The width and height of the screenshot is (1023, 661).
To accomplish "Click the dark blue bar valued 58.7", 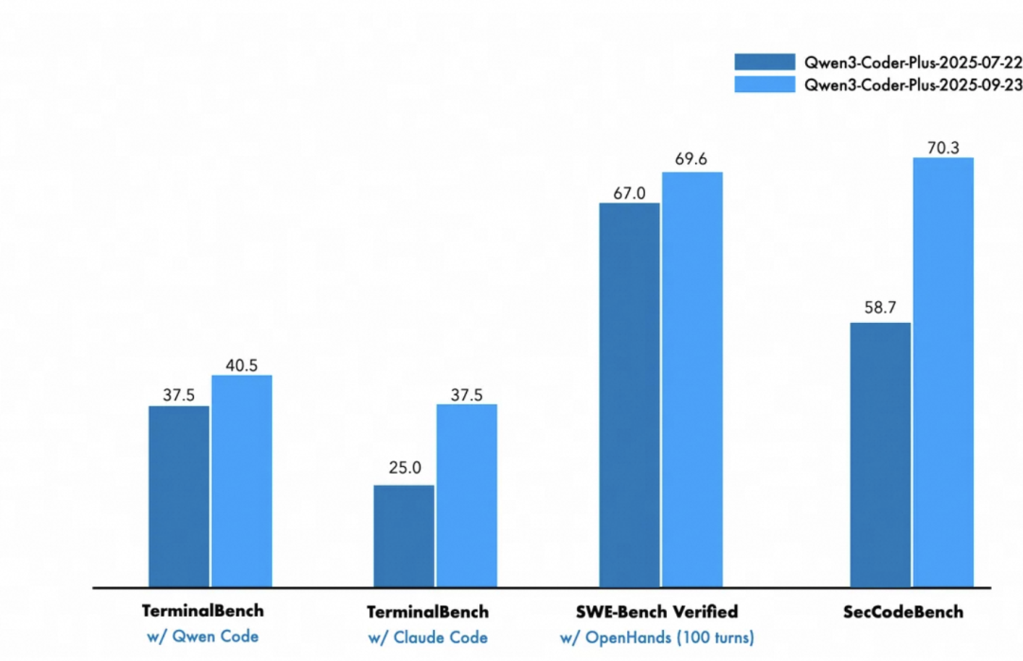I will click(880, 455).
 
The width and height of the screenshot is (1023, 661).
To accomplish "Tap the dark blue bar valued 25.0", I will click(404, 536).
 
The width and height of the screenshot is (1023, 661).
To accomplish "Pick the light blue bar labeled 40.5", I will click(242, 481).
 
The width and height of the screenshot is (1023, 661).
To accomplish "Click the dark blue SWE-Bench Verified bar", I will click(629, 395).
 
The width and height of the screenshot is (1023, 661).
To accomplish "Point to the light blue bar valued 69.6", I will click(692, 379).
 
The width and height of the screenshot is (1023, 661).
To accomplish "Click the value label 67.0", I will click(629, 193).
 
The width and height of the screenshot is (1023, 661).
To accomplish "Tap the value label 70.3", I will click(943, 147).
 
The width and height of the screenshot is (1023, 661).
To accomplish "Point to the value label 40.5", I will click(242, 366).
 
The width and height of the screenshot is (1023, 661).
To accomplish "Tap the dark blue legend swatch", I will click(764, 62).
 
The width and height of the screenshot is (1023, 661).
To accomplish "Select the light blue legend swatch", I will click(764, 84).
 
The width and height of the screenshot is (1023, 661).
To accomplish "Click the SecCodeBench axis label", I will click(903, 612).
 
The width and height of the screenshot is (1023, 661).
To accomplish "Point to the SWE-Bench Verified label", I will click(656, 612).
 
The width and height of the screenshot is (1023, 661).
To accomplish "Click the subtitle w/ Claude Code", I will click(428, 637).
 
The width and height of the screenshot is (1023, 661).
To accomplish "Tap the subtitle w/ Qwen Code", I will click(203, 637).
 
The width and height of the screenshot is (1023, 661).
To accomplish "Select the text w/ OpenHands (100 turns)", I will click(656, 637).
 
